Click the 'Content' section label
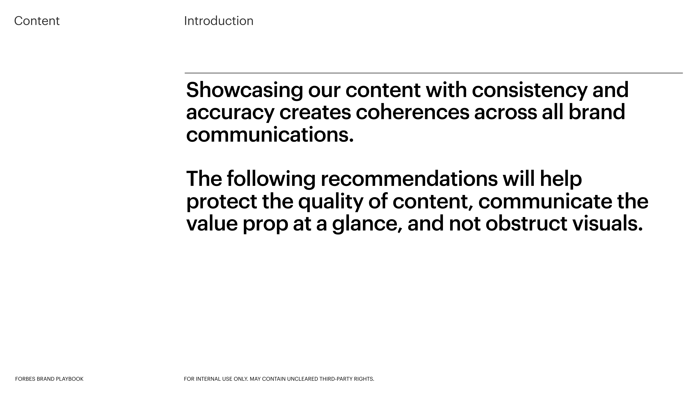(37, 21)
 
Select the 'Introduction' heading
(219, 21)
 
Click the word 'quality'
(331, 202)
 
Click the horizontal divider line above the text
(434, 73)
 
